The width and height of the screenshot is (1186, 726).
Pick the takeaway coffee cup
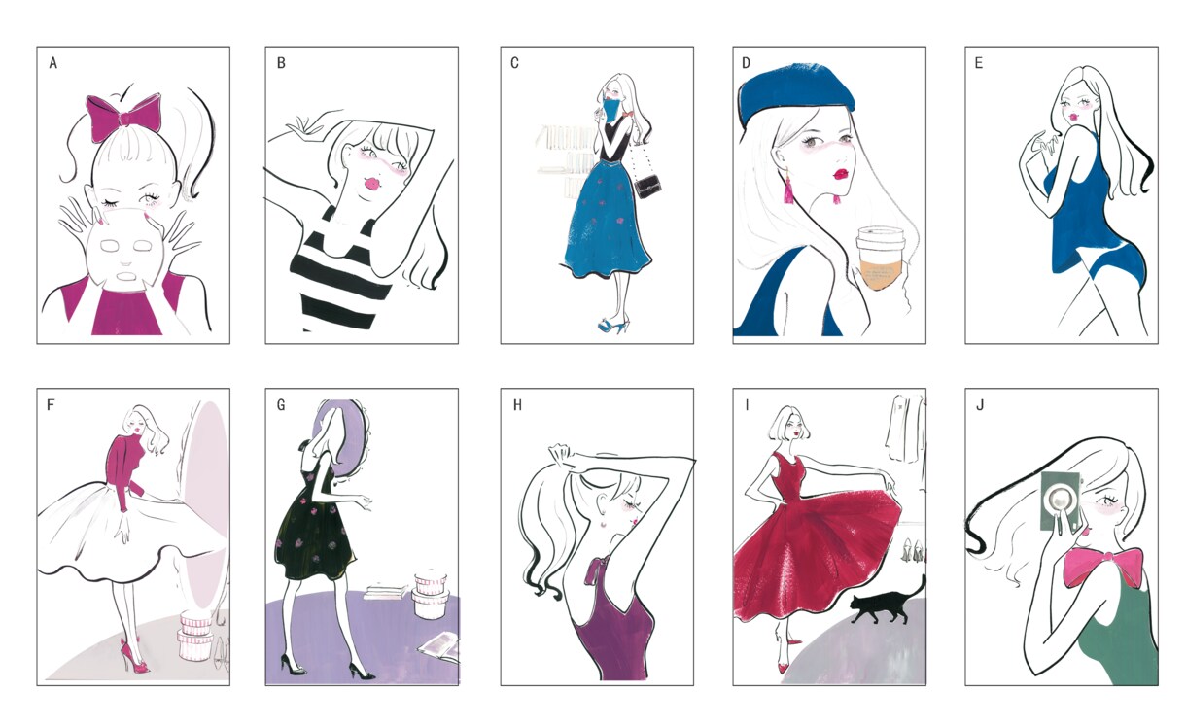pos(881,258)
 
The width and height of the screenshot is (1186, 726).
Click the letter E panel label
pos(978,63)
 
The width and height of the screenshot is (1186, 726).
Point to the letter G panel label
pos(281,405)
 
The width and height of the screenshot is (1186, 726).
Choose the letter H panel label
pos(517,405)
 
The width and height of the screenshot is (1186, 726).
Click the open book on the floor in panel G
pos(439,647)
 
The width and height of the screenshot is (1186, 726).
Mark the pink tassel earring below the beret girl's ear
pos(787,189)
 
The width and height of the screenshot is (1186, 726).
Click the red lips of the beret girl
pos(840,174)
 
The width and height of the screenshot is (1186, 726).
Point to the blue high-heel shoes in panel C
pos(614,325)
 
